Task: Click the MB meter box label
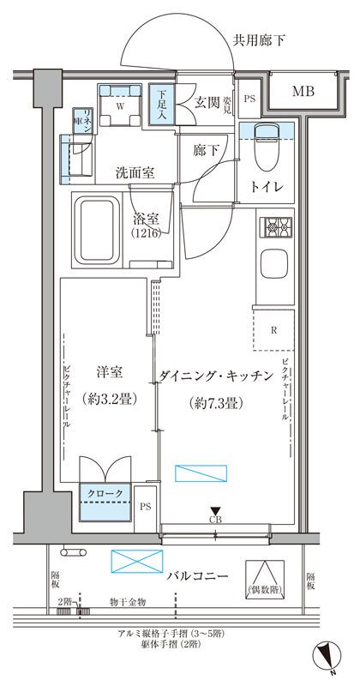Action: [301, 91]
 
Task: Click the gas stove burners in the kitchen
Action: [275, 229]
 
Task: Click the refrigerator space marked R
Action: [273, 328]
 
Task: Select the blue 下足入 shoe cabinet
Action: [160, 103]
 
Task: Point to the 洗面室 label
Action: [135, 172]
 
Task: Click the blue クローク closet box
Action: [106, 494]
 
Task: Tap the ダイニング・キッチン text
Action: [215, 375]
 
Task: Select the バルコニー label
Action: [197, 575]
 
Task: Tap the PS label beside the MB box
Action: [249, 99]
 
